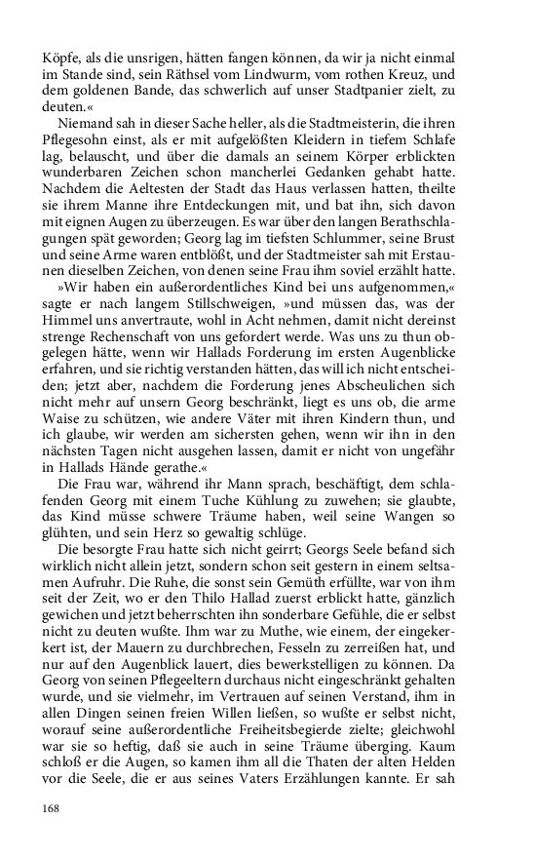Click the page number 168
coord(52,807)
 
